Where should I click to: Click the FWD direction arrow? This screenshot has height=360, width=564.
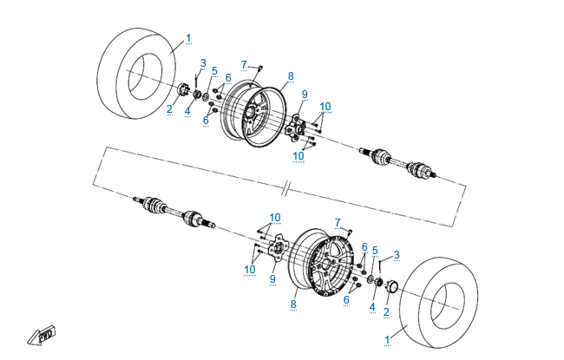tap(40, 334)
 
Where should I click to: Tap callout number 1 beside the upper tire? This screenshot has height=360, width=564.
tap(189, 38)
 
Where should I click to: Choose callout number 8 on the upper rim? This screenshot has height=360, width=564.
tap(291, 75)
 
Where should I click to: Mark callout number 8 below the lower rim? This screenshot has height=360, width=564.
tap(292, 304)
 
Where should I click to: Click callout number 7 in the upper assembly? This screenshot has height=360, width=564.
tap(245, 64)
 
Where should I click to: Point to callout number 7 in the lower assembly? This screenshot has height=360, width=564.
tap(338, 222)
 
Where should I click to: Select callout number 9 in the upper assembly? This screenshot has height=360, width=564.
tap(305, 94)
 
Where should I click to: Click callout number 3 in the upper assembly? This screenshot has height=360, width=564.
tap(203, 62)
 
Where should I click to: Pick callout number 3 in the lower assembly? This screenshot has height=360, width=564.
tap(397, 254)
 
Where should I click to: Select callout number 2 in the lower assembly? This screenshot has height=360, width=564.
tap(385, 311)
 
